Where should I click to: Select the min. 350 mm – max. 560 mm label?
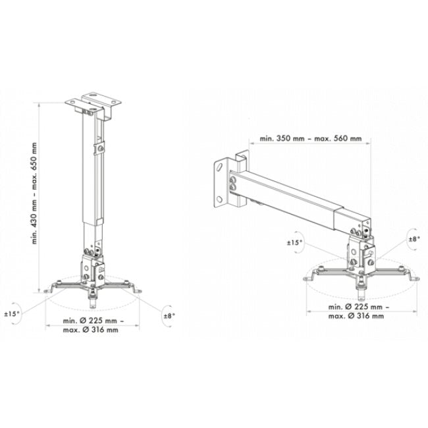pos(309,139)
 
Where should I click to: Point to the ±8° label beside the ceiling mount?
pos(170,316)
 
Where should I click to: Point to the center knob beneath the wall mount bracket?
pos(361,288)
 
